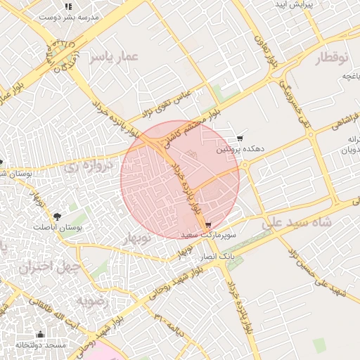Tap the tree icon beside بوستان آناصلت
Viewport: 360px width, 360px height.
57,217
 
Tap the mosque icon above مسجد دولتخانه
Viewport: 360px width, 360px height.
40,335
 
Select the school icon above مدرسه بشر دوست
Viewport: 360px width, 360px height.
68,6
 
